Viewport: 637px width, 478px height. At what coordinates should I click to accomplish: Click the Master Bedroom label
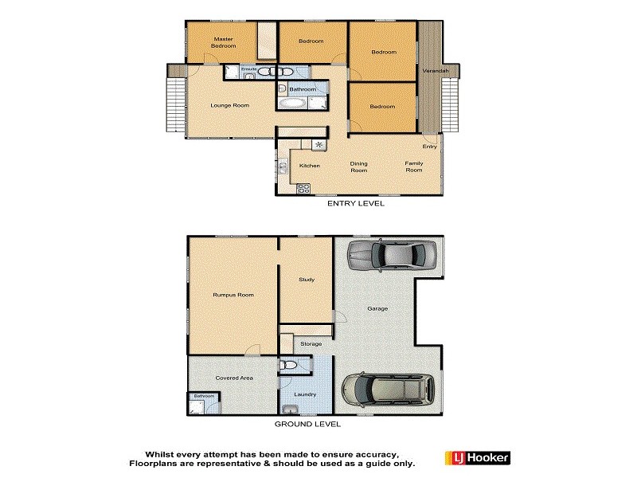(223, 42)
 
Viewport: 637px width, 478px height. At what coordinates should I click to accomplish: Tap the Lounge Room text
(230, 105)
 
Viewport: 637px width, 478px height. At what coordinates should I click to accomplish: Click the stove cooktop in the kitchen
(303, 189)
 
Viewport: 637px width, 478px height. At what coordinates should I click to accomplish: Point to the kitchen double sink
(283, 167)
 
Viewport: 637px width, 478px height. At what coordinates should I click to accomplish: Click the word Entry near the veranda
(429, 146)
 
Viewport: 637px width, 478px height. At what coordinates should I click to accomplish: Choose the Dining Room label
(359, 167)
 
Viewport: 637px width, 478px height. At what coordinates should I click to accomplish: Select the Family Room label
(414, 167)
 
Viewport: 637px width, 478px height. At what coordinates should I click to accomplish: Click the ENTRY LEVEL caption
(356, 204)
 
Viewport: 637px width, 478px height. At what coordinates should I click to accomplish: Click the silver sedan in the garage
(390, 255)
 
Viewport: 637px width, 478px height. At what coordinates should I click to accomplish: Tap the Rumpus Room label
(233, 295)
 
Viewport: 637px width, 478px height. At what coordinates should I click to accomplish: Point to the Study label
(306, 280)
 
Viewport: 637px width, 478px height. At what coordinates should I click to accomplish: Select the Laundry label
(306, 394)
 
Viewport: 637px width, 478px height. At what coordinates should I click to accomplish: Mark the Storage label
(311, 343)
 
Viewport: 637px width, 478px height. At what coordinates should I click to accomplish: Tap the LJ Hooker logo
(479, 458)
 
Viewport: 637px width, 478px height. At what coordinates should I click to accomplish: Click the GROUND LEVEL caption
(308, 425)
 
